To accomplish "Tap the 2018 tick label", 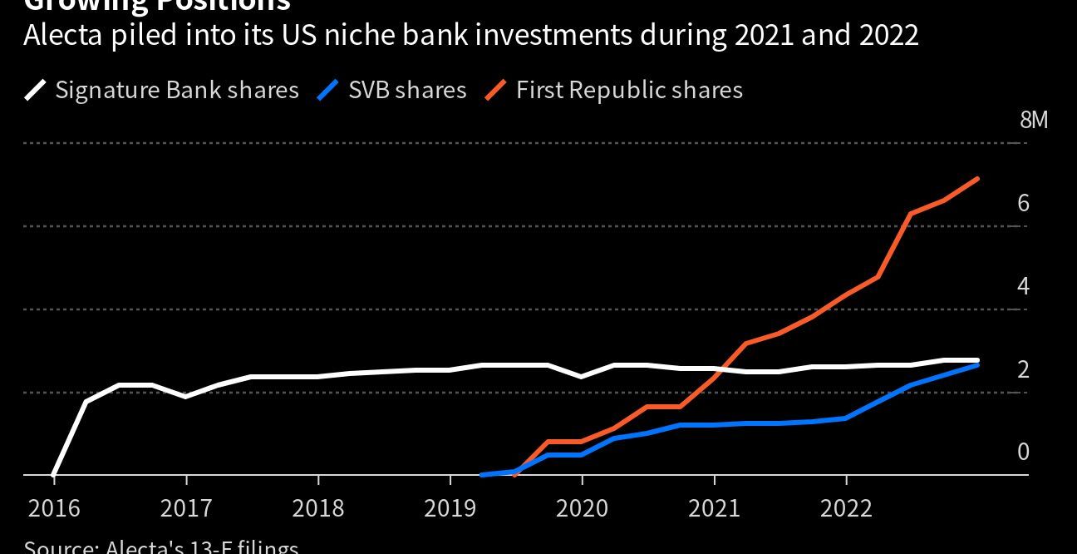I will tap(317, 507).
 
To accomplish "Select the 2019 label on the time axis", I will tap(450, 507).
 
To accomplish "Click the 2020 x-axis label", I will tap(582, 507).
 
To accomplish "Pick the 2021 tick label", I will tap(714, 507).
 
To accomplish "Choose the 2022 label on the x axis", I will tap(846, 507).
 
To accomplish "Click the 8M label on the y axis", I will tap(1034, 120).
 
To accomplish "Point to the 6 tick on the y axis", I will tap(1023, 203).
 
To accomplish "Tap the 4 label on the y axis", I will tap(1023, 286).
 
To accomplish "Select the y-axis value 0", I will tap(1023, 452).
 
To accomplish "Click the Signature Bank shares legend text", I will tap(176, 90).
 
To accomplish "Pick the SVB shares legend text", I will tap(407, 90).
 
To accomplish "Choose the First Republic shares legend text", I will tap(629, 90).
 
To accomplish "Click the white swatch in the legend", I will tap(36, 90).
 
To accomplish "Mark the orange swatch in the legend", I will tap(497, 90).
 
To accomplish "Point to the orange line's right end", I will tap(977, 179).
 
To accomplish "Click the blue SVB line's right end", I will tap(977, 365).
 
